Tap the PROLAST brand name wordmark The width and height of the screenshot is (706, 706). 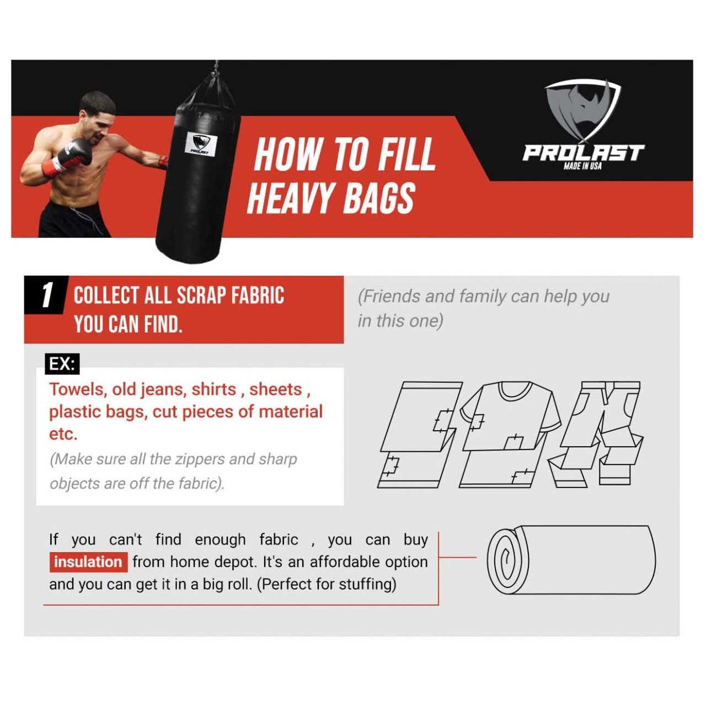click(583, 153)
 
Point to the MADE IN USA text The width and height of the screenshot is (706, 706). click(582, 166)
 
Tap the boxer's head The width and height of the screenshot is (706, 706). click(97, 117)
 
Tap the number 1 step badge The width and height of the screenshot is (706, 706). click(46, 295)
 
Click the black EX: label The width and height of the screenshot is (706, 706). click(62, 364)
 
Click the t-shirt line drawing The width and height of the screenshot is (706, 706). click(510, 435)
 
